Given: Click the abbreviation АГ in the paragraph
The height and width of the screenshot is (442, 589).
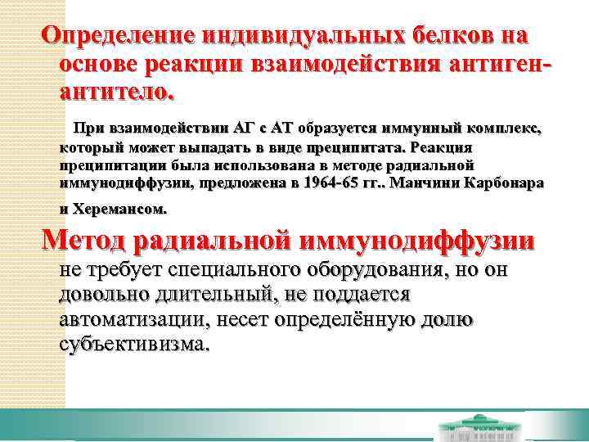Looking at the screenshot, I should click(x=245, y=130).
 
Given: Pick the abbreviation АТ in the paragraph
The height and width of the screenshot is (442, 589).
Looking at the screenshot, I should click(x=283, y=130).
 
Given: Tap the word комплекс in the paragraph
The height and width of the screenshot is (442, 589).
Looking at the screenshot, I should click(x=504, y=130).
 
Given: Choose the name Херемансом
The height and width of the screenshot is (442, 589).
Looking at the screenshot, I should click(x=119, y=210).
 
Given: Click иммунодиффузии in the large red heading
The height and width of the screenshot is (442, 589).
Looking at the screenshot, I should click(x=418, y=241).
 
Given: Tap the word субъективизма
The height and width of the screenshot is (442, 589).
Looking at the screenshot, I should click(x=133, y=344).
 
